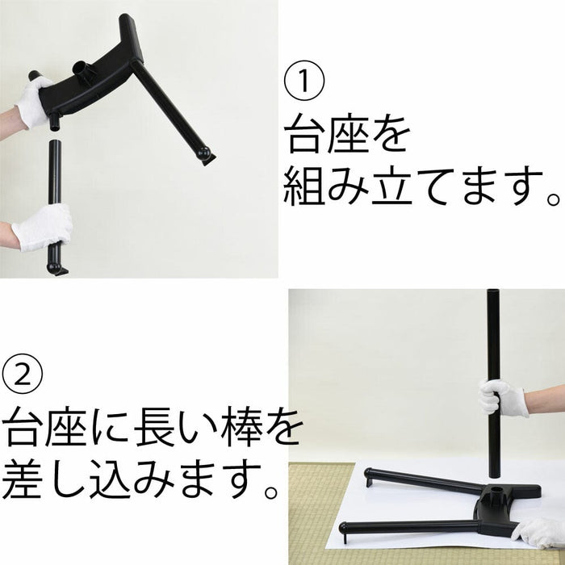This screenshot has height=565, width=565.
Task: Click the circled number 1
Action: pos(304,81)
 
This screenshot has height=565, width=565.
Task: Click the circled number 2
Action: pos(23,374)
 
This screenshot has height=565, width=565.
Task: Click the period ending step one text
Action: pos(552,199)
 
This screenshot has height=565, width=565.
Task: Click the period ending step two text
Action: pos(270,492)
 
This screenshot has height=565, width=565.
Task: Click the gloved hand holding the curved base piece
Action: pos(34,101)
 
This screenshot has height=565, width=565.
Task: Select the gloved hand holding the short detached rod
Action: pos(43,226)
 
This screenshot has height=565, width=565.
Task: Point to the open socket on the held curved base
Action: pos(83,69)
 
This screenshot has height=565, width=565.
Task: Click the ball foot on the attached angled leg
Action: pos(205,155)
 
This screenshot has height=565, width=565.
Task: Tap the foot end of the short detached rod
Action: pos(56,269)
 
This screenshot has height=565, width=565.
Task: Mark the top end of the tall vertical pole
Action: pos(493,291)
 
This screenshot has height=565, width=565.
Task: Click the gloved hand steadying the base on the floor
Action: pos(538,533)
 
